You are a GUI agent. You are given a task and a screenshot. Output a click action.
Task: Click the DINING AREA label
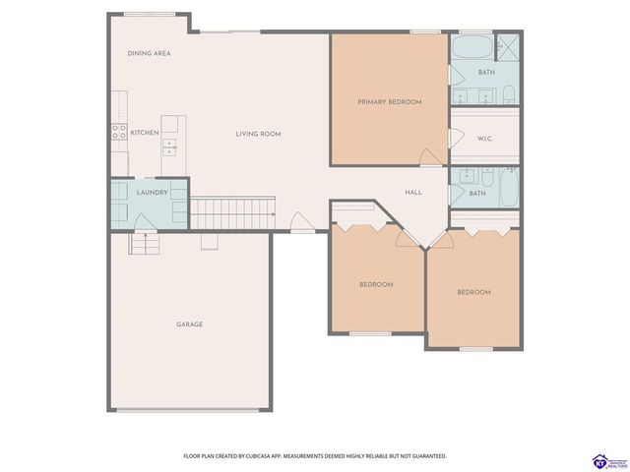coord(150,53)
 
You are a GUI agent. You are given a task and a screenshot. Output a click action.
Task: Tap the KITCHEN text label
coord(145,132)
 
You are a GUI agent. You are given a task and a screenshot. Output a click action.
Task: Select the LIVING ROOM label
coord(258,133)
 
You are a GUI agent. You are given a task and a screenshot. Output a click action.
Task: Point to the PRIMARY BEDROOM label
coord(390,102)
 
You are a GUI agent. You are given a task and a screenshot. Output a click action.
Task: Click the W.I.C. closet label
coord(484,139)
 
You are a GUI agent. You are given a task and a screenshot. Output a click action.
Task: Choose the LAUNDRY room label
coord(152,193)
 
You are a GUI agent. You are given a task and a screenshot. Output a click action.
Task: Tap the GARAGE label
coord(189,324)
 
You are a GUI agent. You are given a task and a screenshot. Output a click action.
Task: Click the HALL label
coord(413,192)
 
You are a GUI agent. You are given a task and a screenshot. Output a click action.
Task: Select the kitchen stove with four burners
coord(117,131)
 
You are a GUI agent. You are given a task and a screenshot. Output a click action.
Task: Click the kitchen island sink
coord(169,147)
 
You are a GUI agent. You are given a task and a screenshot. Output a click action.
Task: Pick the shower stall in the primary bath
coord(509,45)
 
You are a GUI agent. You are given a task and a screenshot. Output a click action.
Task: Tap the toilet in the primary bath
coord(509,94)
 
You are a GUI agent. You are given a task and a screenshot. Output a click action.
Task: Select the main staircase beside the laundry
coord(230,211)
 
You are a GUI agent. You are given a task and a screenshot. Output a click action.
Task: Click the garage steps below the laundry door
coord(143,242)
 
